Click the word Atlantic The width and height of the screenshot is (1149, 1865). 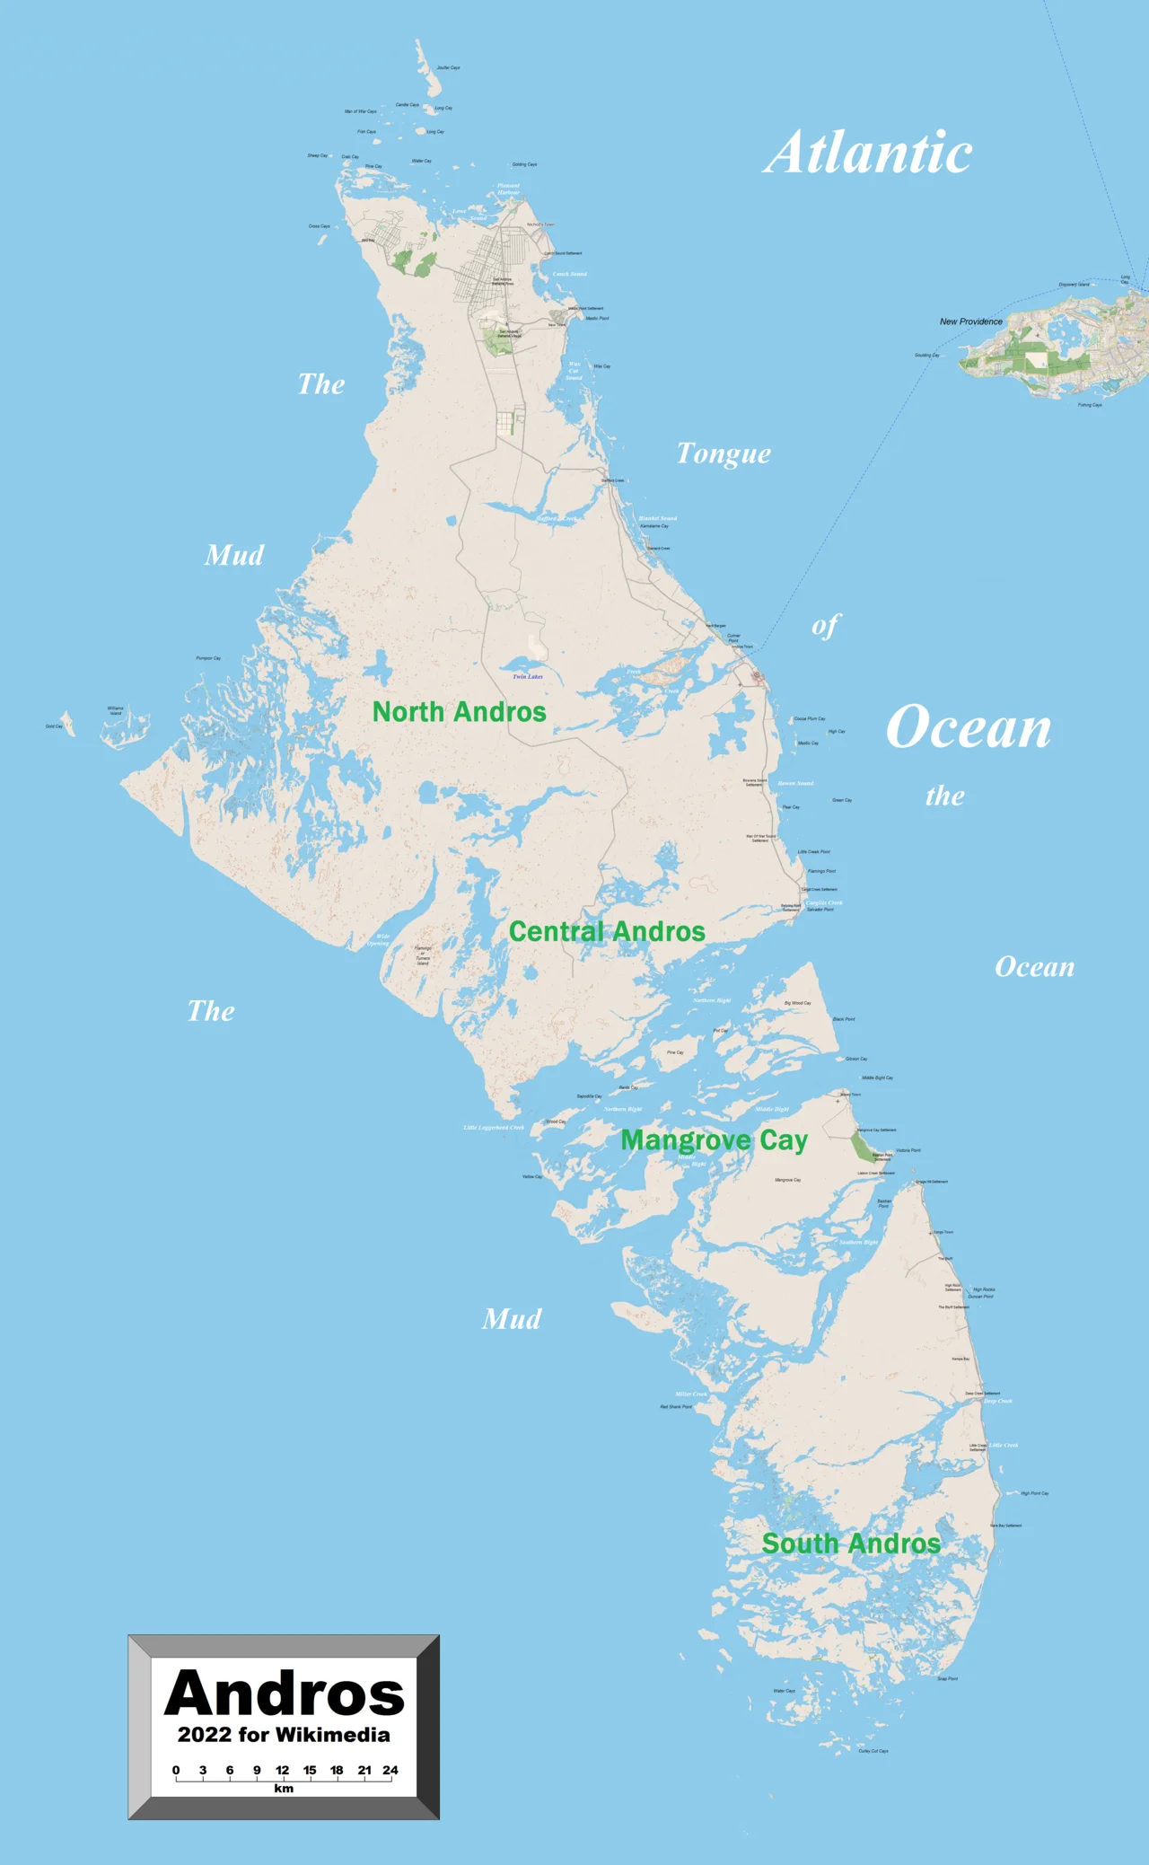[868, 153]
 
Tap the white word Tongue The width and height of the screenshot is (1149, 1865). [724, 454]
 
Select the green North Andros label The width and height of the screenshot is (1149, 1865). [459, 712]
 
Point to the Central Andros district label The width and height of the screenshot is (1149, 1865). [607, 932]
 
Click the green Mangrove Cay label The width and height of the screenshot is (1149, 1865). [714, 1140]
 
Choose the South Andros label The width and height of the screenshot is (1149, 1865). [851, 1544]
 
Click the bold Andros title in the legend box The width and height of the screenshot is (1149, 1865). [285, 1693]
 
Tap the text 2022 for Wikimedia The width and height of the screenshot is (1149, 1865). [284, 1735]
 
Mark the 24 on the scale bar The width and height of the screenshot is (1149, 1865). [390, 1770]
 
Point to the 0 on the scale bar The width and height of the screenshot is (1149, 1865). [176, 1770]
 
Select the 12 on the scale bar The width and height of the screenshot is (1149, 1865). [283, 1770]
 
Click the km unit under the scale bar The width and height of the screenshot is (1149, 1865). [284, 1788]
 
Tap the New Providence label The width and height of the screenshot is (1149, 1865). [970, 321]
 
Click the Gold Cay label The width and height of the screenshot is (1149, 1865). [54, 726]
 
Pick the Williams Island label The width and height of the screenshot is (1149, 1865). [116, 710]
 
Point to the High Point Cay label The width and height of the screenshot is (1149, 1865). [1034, 1493]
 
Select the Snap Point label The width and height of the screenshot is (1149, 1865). [947, 1678]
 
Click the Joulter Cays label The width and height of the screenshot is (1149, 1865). [448, 67]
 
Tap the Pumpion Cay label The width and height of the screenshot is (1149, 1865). [208, 658]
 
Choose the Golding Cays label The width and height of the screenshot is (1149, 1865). [524, 164]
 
